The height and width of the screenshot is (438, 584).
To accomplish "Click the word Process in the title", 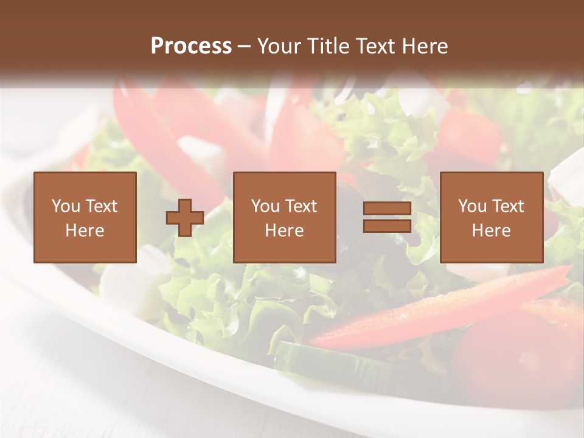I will coord(191,46).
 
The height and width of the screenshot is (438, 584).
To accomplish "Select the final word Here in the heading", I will coord(425,46).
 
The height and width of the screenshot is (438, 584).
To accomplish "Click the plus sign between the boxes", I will coord(185,218).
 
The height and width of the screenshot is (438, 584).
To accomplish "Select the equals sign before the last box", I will coord(387,217).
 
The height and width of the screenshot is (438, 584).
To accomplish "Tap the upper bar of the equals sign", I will coord(387,209).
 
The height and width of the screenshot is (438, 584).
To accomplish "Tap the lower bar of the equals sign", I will coord(387,226).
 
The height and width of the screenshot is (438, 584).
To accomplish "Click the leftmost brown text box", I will coord(85,217).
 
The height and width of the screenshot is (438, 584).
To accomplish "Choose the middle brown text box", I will coord(284,217).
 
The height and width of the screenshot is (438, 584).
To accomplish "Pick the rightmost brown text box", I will coord(491,217).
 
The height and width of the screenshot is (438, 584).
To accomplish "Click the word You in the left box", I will coord(66,206).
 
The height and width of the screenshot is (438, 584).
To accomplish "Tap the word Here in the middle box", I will coord(284,231).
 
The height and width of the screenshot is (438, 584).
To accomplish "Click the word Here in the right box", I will coord(491,231).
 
